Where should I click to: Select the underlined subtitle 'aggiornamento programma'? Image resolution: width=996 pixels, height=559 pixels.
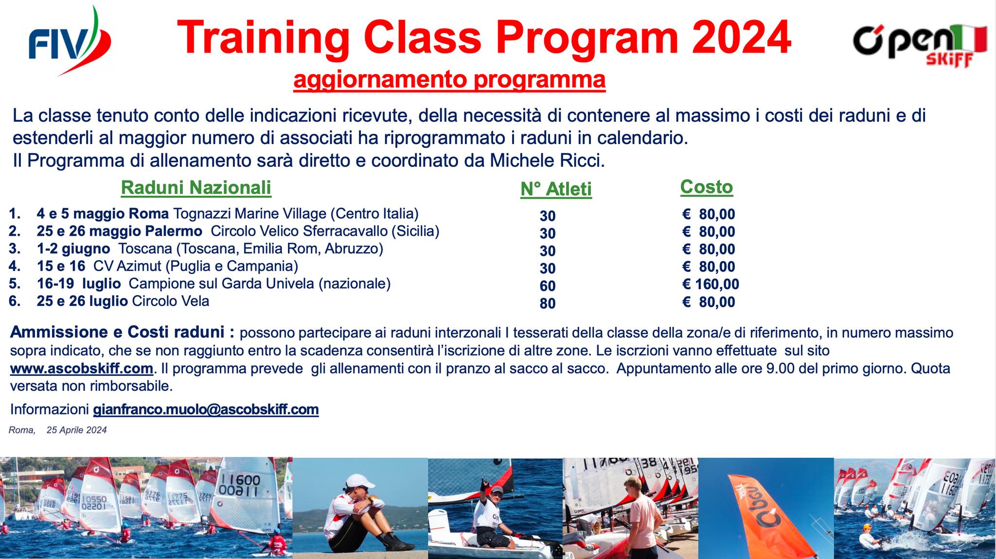point(449,80)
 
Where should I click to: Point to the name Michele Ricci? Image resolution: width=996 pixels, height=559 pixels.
point(547,161)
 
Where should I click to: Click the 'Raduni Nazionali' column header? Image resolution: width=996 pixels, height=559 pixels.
point(196,187)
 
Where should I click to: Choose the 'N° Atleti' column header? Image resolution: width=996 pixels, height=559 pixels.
point(556,189)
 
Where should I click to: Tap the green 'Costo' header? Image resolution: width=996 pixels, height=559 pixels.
point(706,187)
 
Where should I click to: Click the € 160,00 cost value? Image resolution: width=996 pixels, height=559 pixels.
point(711,284)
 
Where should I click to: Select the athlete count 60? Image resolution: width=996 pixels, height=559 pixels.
point(548,286)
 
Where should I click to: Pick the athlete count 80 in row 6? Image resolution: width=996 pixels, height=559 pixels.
point(548,303)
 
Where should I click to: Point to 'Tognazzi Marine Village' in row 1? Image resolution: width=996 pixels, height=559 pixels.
point(249,214)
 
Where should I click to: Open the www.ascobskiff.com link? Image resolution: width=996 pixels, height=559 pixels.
point(82,369)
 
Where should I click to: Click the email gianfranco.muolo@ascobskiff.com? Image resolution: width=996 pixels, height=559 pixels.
point(206,410)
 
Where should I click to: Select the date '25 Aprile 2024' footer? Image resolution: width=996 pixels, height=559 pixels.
point(77,430)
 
